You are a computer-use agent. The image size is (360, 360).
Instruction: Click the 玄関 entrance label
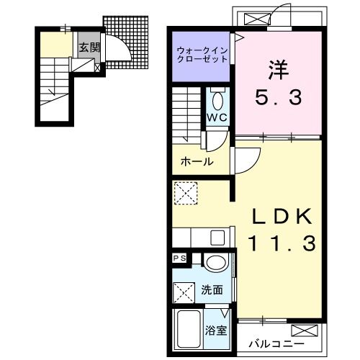pos(89,48)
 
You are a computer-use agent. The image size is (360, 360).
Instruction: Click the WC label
pos(218,117)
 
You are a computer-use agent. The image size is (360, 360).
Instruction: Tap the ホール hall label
pos(197,161)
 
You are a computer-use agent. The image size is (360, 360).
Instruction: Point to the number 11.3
pos(282,244)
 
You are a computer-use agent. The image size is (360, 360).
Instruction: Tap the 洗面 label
pos(212,291)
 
